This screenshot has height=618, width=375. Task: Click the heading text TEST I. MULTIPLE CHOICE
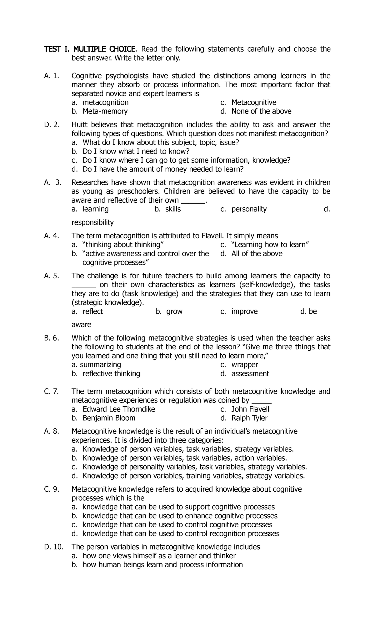(x=90, y=49)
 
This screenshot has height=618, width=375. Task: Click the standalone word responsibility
(x=92, y=222)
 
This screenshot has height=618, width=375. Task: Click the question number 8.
(x=56, y=432)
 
